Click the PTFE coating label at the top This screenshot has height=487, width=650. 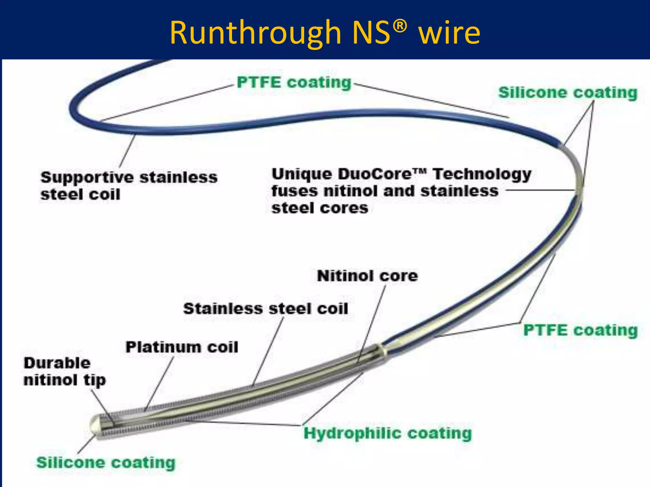294,82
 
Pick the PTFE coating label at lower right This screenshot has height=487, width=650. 580,330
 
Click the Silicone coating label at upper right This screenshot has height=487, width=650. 567,93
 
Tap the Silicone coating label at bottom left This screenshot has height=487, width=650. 106,462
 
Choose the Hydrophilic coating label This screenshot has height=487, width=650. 388,433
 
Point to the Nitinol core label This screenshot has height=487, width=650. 367,276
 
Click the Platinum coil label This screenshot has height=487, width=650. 182,347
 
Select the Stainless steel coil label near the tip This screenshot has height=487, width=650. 266,308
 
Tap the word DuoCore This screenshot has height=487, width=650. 376,174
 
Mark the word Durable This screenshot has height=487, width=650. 57,363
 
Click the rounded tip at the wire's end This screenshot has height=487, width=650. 94,425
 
